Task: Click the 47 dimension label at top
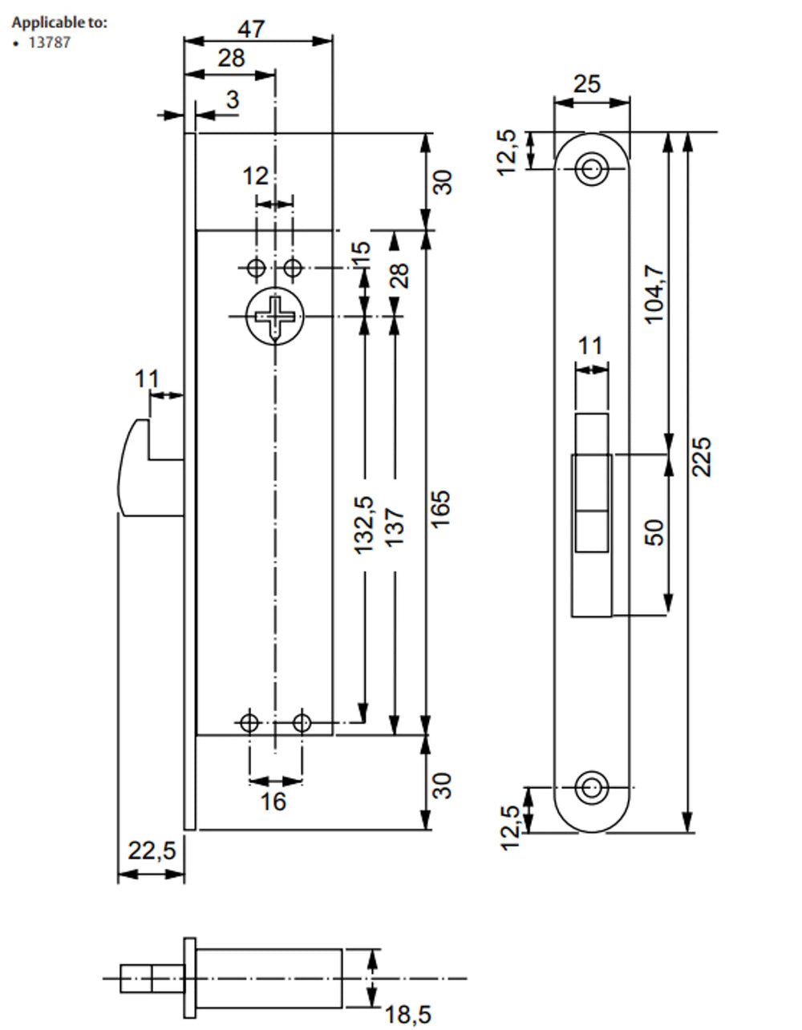pyautogui.click(x=251, y=29)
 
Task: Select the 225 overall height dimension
pyautogui.click(x=702, y=456)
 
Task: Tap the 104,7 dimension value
pyautogui.click(x=656, y=293)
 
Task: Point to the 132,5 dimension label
pyautogui.click(x=364, y=524)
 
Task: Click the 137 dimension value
pyautogui.click(x=395, y=527)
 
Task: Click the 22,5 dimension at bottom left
pyautogui.click(x=151, y=850)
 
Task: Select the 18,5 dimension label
pyautogui.click(x=407, y=1015)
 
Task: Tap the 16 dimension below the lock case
pyautogui.click(x=273, y=801)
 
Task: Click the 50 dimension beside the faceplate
pyautogui.click(x=656, y=532)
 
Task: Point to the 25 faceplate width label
pyautogui.click(x=588, y=83)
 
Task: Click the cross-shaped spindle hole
pyautogui.click(x=274, y=316)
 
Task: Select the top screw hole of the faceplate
pyautogui.click(x=592, y=169)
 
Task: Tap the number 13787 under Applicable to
pyautogui.click(x=49, y=43)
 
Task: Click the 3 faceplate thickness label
pyautogui.click(x=233, y=99)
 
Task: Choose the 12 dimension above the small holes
pyautogui.click(x=256, y=176)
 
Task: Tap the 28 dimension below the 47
pyautogui.click(x=231, y=58)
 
